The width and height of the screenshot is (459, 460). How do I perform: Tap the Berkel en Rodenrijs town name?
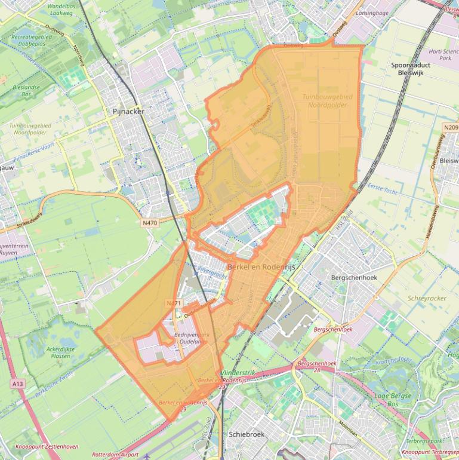click(x=261, y=267)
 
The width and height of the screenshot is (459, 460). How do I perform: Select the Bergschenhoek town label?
click(x=354, y=278)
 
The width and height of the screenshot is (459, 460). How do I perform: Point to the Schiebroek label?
click(x=247, y=434)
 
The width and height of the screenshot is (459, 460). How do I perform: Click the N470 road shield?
click(x=150, y=223)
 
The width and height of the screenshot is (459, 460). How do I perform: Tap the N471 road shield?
click(x=173, y=303)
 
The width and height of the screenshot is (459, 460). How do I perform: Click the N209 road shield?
click(x=451, y=127)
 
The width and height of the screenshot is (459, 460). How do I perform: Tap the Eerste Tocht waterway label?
click(x=382, y=189)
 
